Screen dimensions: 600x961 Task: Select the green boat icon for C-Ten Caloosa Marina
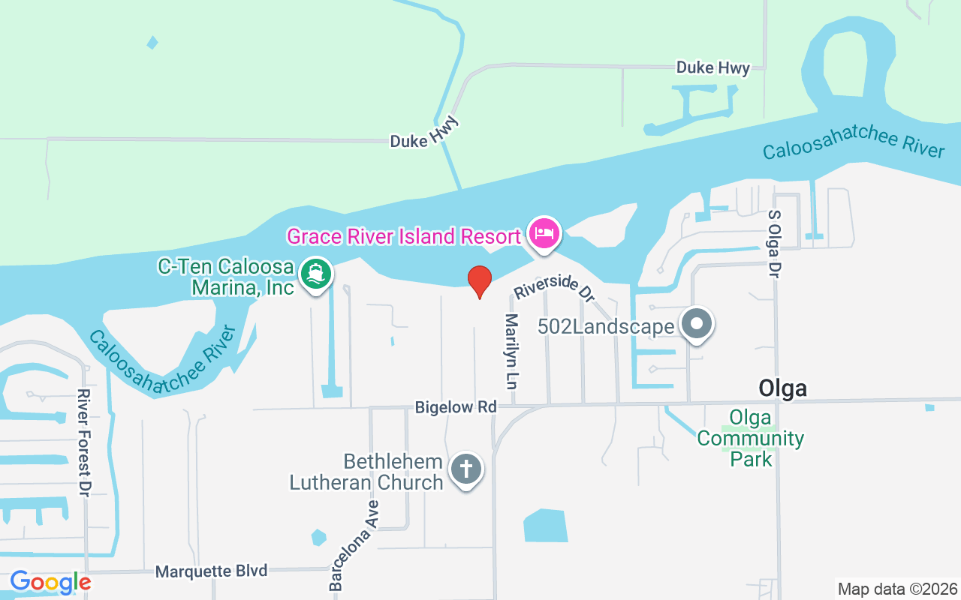pos(316,274)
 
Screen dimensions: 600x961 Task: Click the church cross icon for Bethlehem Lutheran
pos(465,470)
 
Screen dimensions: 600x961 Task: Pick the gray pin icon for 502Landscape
pos(697,325)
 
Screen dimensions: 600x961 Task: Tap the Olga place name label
pos(782,388)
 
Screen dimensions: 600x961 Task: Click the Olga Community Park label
pos(750,438)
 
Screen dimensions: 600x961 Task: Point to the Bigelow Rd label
pos(456,406)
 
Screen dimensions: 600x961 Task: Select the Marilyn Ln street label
pos(512,350)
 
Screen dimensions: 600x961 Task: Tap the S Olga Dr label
pos(774,243)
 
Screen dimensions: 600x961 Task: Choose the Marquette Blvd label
pos(211,571)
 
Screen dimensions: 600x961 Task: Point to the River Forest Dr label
pos(84,442)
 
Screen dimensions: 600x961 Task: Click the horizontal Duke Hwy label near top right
pos(712,67)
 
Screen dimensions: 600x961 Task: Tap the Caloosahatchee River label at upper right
pos(854,141)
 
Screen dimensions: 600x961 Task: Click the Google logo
pos(50,582)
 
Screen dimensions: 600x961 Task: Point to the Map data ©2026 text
pos(897,589)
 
